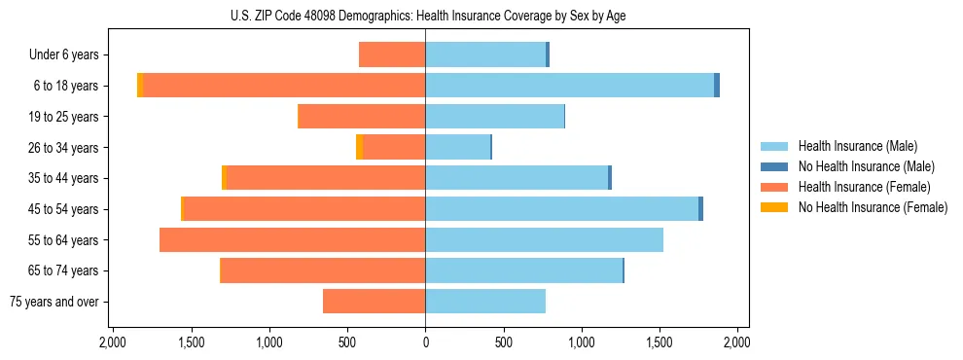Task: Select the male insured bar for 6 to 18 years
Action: pos(569,86)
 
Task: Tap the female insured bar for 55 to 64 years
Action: pos(292,239)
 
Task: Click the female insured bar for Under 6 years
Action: pos(392,54)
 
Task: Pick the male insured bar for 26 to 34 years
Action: pos(457,147)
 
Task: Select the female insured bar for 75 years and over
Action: pos(374,302)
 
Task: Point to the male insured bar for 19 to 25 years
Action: pos(494,117)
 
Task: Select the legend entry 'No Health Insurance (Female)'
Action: pos(873,207)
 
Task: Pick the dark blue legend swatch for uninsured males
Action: pos(774,166)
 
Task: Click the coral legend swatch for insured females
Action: pos(774,187)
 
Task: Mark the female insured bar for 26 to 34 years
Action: pos(408,147)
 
